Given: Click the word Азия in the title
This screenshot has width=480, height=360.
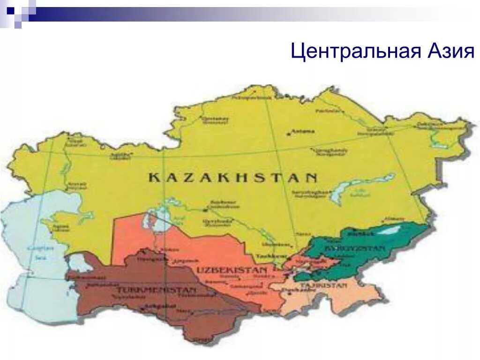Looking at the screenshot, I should click(450, 51).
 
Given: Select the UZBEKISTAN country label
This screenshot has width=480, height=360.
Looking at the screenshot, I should click(232, 270).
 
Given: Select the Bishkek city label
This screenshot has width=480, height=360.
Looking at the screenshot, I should click(356, 233).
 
